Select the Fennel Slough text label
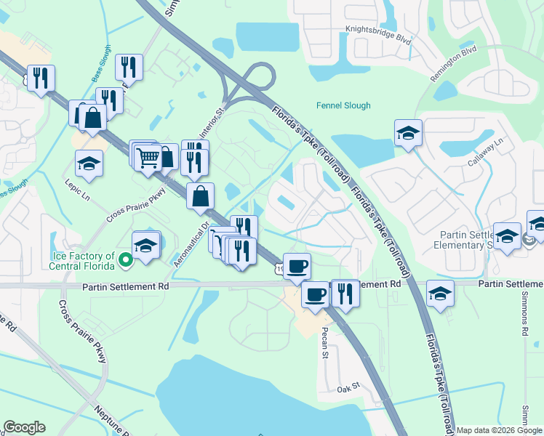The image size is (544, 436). point(343,105)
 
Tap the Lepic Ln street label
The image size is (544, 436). point(76,191)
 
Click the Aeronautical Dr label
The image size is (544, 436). point(191,243)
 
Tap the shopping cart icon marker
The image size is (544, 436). point(148,156)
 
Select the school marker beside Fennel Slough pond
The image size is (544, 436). point(408,133)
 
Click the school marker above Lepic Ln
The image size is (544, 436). point(89,163)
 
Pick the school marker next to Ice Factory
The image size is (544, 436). point(146,245)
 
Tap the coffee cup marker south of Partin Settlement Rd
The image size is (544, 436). point(315,294)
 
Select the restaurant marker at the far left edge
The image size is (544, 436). point(40,76)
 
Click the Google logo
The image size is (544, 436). point(24,427)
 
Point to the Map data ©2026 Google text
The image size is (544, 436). point(499,430)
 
